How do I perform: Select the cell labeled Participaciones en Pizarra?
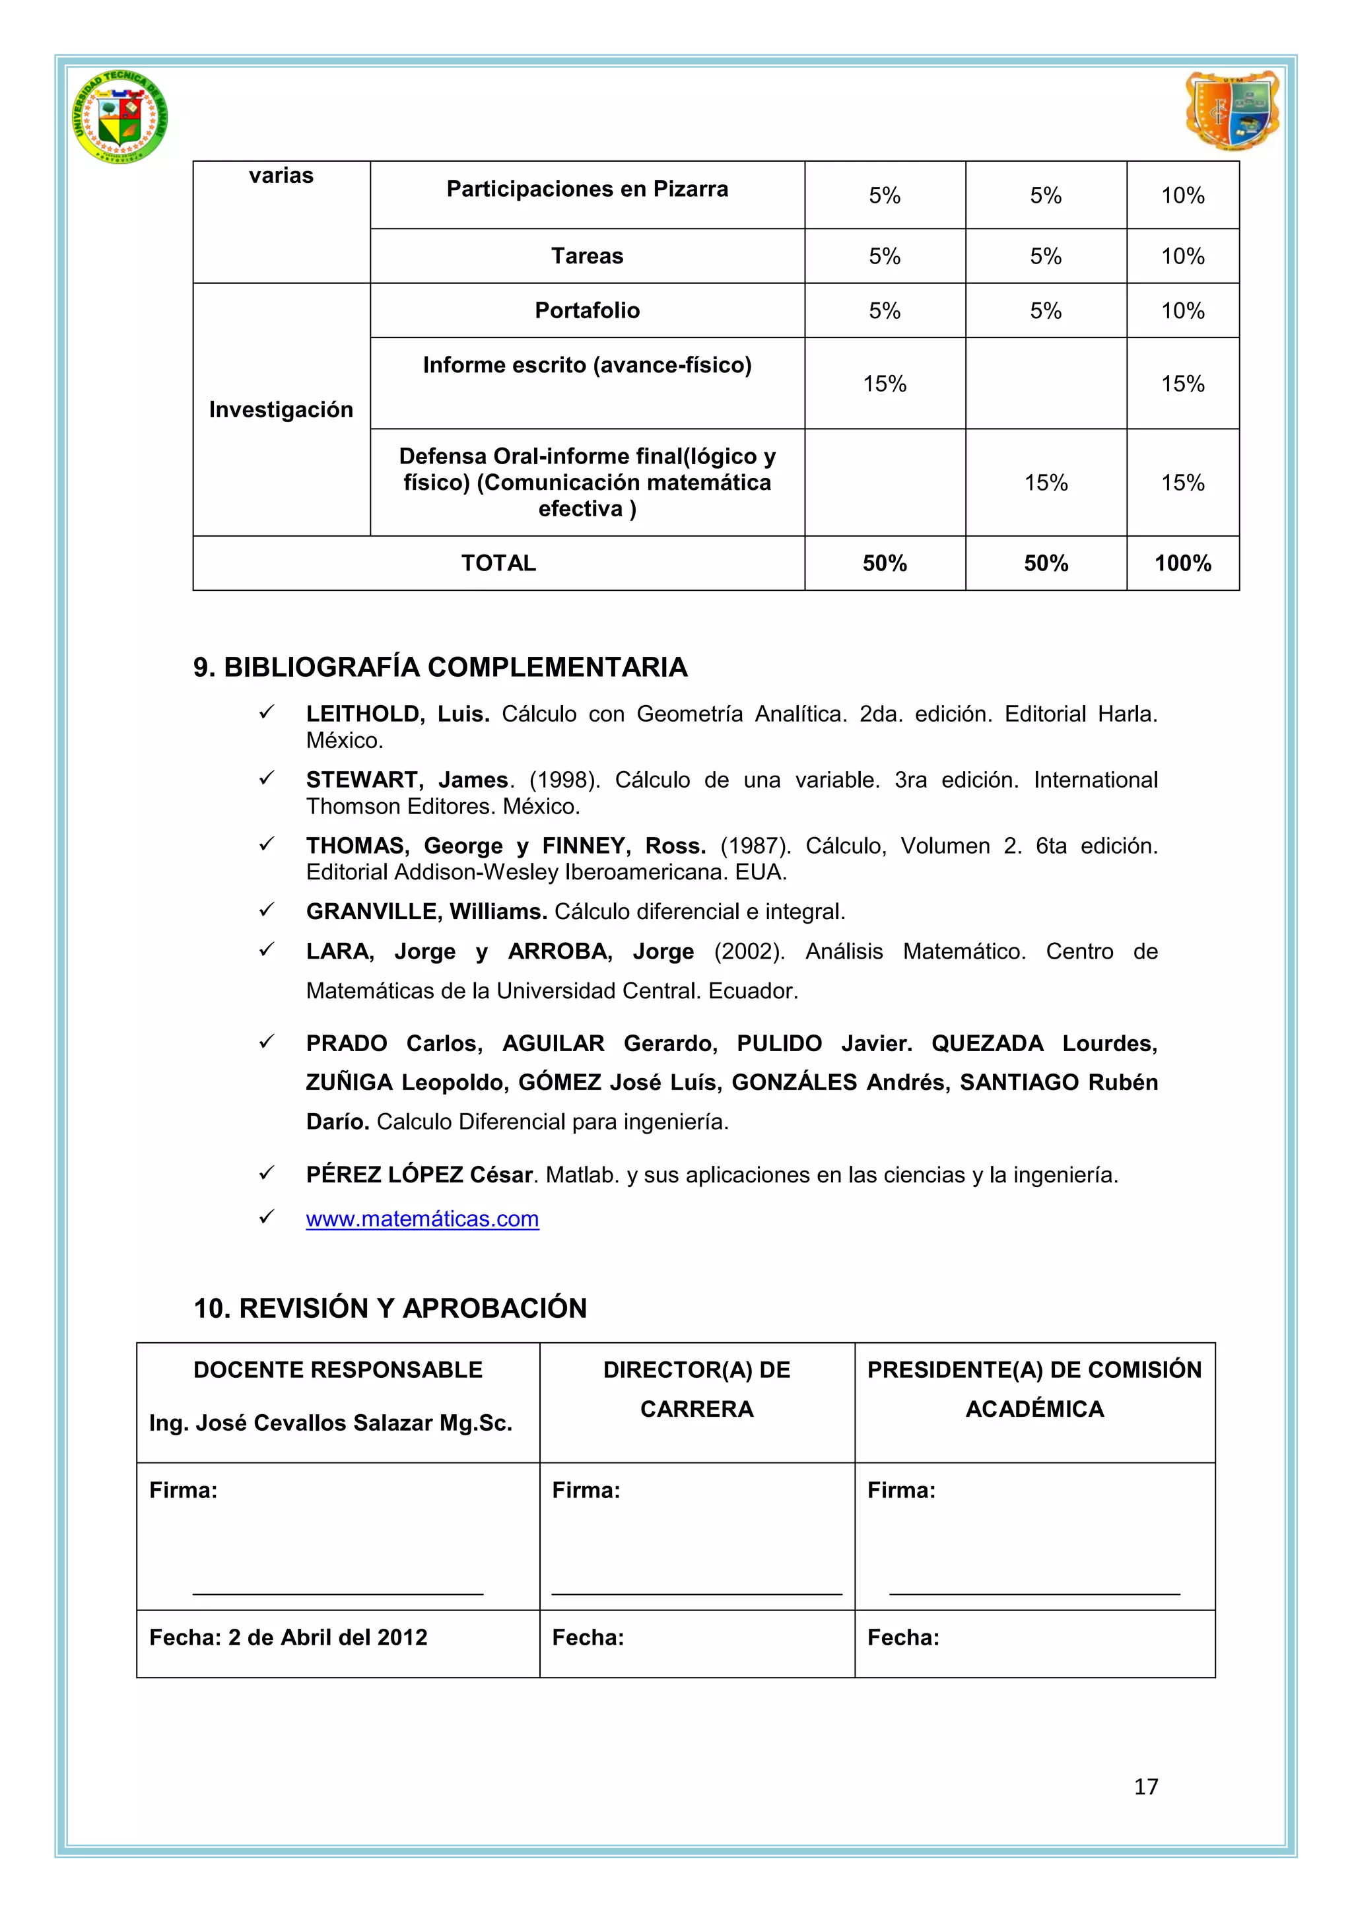coord(587,190)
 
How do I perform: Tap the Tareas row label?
coord(587,256)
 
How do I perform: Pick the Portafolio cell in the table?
coord(587,310)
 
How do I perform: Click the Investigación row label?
coord(281,410)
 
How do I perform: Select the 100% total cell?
coord(1182,564)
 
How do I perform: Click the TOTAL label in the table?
coord(498,564)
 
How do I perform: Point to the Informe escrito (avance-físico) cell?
coord(587,366)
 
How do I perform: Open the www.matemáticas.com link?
coord(422,1219)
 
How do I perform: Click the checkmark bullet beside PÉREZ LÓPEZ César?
coord(267,1173)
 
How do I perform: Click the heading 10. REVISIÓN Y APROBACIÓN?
coord(390,1309)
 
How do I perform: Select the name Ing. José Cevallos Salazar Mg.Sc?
coord(331,1423)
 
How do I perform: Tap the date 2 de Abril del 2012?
coord(327,1637)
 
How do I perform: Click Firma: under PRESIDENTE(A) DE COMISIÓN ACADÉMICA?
coord(900,1490)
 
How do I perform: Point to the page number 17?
coord(1145,1787)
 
